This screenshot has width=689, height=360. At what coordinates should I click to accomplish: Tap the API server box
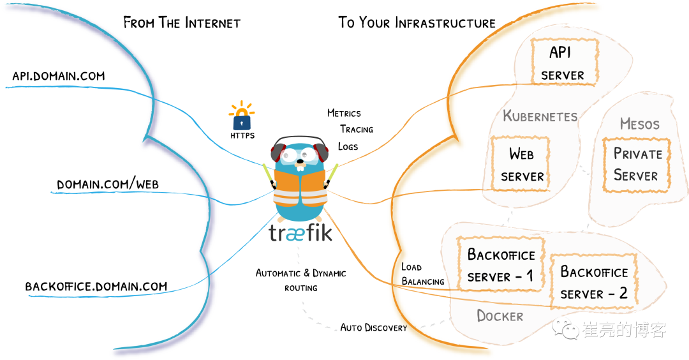[563, 62]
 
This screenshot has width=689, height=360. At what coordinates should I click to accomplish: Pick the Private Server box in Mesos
[636, 164]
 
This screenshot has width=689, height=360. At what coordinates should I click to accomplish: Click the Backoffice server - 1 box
[501, 265]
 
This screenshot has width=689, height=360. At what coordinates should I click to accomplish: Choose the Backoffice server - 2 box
[594, 282]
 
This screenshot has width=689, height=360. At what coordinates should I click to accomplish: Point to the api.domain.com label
[58, 76]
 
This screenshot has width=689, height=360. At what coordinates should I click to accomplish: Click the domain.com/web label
[108, 184]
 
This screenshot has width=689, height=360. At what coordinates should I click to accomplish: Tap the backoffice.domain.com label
[96, 286]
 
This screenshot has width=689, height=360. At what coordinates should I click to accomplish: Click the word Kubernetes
[540, 116]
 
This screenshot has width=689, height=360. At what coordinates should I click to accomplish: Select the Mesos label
[639, 124]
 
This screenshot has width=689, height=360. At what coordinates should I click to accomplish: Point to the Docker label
[500, 316]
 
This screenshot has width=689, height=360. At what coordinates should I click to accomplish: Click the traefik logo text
[300, 232]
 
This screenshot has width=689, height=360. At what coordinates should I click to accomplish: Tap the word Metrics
[344, 113]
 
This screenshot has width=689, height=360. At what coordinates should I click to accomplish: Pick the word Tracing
[357, 129]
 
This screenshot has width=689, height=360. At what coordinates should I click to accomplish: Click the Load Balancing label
[422, 274]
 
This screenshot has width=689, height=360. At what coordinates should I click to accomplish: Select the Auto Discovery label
[373, 327]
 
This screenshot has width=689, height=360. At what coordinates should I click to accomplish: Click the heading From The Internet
[182, 23]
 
